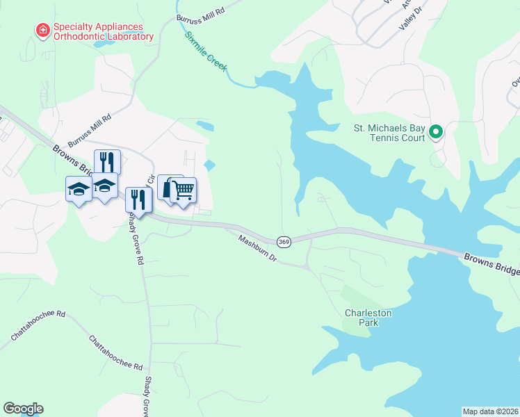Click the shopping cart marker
pyautogui.click(x=184, y=189)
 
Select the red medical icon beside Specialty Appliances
pyautogui.click(x=42, y=30)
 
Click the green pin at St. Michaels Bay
pyautogui.click(x=436, y=131)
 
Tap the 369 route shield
pyautogui.click(x=283, y=241)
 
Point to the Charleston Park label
pyautogui.click(x=368, y=318)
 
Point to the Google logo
pyautogui.click(x=23, y=409)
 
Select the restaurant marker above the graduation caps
pyautogui.click(x=107, y=161)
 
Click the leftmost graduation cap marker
pyautogui.click(x=79, y=188)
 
